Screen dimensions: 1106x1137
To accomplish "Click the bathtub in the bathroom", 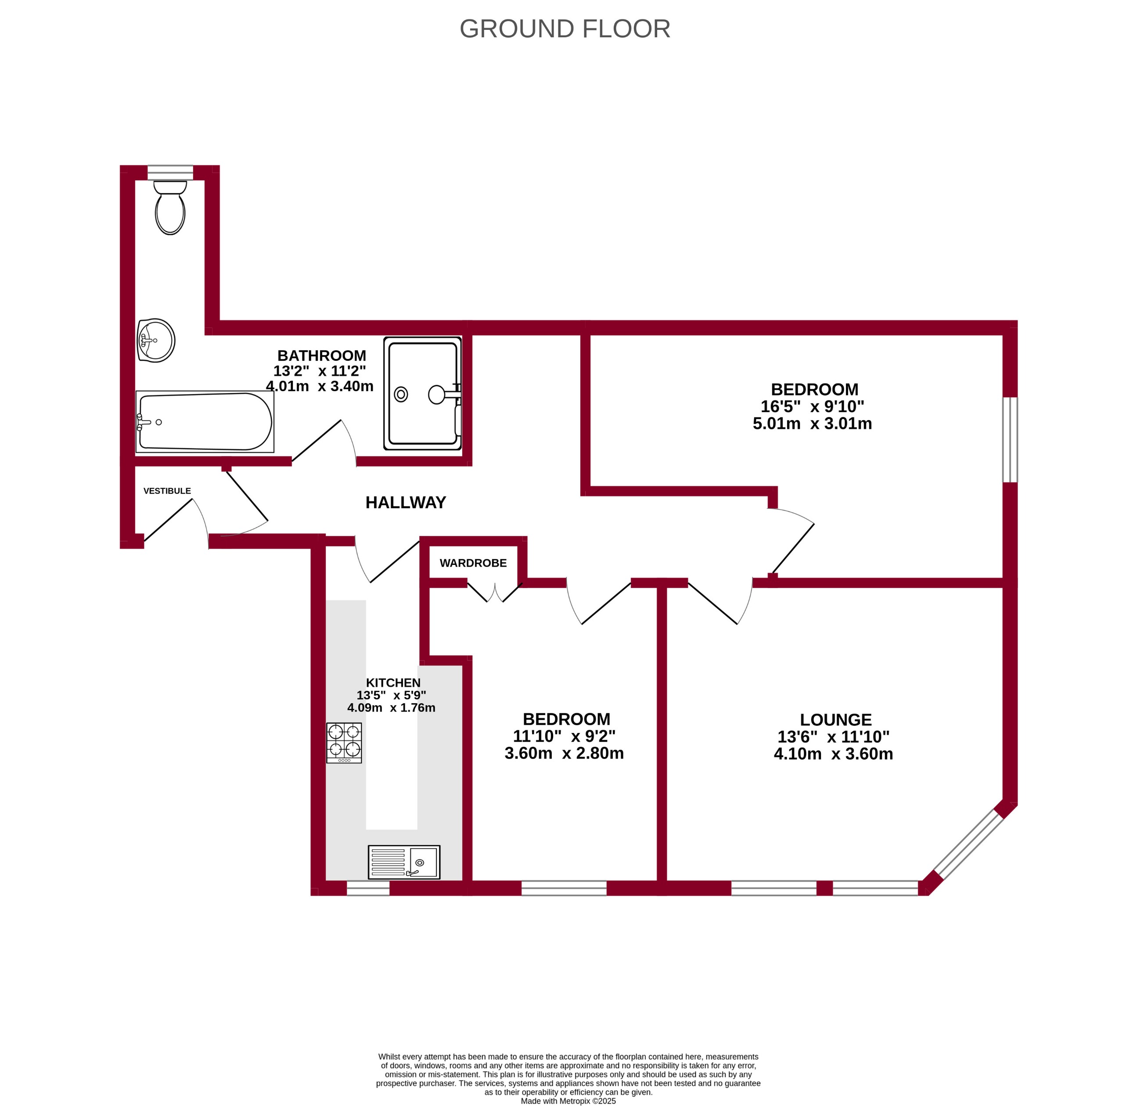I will tap(205, 422).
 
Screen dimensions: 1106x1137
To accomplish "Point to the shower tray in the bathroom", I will tap(422, 393).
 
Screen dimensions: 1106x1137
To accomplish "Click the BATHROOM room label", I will tap(321, 355).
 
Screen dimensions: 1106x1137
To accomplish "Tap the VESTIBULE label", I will tap(167, 491).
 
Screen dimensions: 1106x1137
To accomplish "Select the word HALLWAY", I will tap(406, 503).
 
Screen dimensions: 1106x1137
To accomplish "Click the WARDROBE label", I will tap(473, 563).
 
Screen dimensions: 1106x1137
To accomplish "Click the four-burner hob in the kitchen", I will tap(344, 743).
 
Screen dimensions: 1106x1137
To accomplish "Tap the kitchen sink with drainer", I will tap(404, 862).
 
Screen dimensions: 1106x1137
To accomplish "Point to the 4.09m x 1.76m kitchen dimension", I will tap(391, 707).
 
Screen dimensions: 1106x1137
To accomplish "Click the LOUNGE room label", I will tap(835, 720).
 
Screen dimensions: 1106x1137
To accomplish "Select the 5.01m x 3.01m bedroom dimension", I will tap(812, 424).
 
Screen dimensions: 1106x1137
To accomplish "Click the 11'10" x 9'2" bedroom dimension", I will tap(564, 736).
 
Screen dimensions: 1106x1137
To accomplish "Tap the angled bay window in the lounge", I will tap(968, 845).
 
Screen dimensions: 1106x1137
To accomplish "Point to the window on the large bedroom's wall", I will tap(1010, 440).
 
